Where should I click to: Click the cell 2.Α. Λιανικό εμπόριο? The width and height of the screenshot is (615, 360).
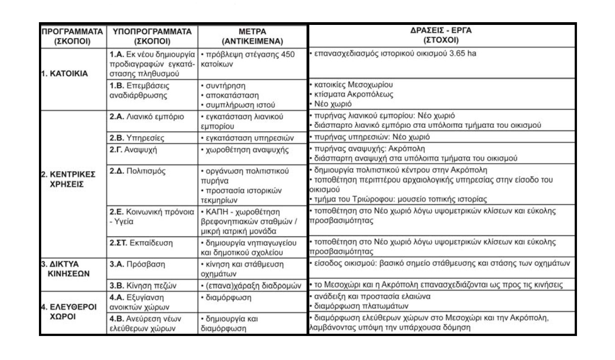[147, 116]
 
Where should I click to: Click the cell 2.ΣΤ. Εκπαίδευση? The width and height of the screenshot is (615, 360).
[141, 242]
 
